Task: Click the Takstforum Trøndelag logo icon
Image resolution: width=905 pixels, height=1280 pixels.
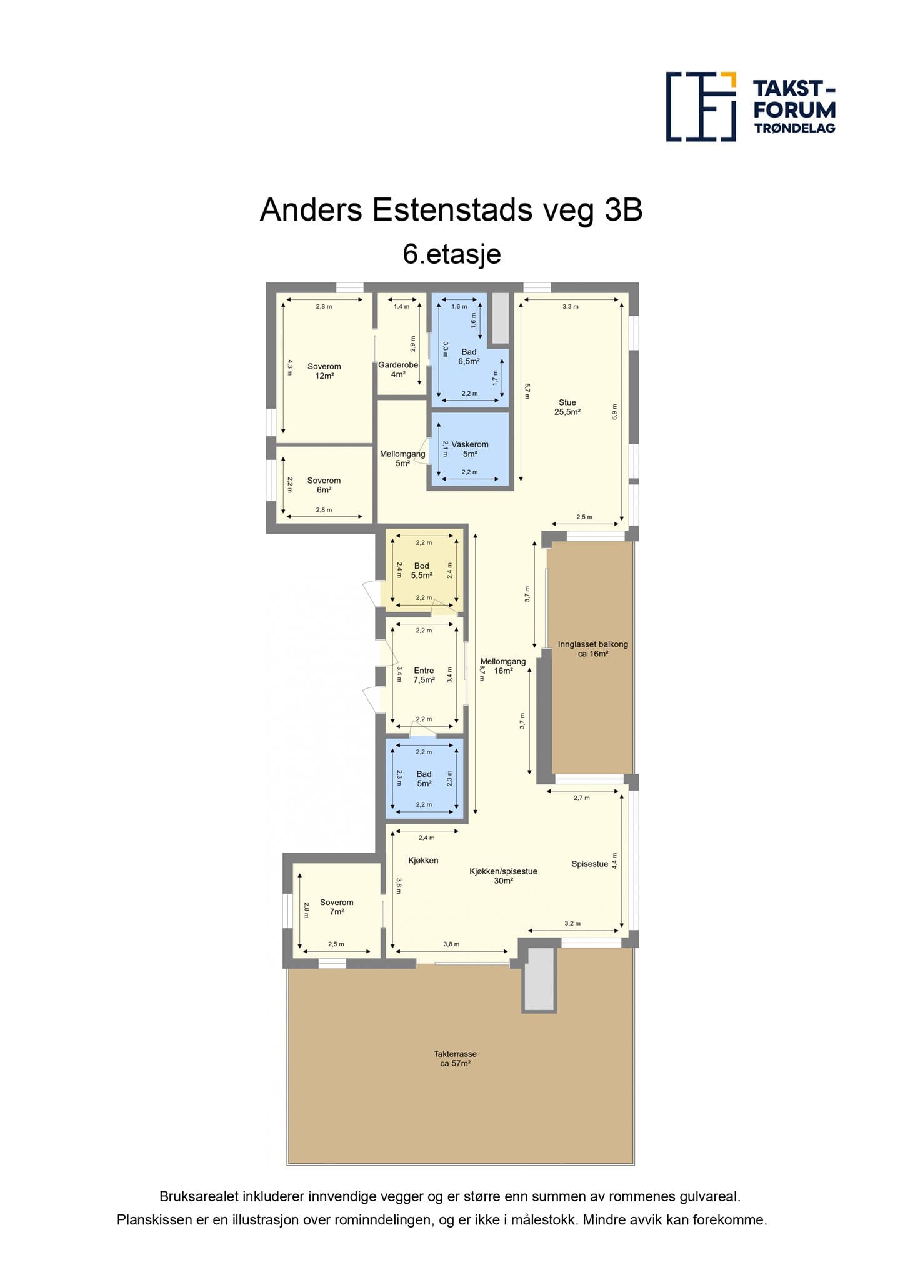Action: pyautogui.click(x=701, y=106)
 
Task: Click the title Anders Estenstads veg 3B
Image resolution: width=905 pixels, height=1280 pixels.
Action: pyautogui.click(x=451, y=210)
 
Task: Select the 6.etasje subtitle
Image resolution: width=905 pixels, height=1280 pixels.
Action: pyautogui.click(x=452, y=254)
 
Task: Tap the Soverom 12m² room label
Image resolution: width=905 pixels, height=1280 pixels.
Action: pyautogui.click(x=324, y=371)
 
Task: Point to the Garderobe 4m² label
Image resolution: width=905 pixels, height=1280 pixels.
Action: pyautogui.click(x=398, y=369)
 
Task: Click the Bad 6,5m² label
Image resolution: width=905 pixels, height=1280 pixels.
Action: pyautogui.click(x=469, y=357)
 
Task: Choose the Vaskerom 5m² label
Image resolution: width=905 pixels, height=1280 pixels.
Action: pyautogui.click(x=470, y=449)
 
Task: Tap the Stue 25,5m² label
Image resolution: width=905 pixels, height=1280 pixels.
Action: pyautogui.click(x=567, y=407)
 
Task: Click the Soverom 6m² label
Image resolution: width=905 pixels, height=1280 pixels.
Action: pyautogui.click(x=324, y=485)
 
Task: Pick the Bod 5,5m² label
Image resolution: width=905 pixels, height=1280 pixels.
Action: pyautogui.click(x=422, y=571)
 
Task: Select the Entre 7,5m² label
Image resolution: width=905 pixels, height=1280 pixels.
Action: pyautogui.click(x=424, y=675)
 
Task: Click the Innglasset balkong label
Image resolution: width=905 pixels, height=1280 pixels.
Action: pyautogui.click(x=593, y=649)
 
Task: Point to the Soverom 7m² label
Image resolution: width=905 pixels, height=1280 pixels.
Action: pyautogui.click(x=337, y=907)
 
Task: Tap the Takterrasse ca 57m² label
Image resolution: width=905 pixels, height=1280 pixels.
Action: pyautogui.click(x=455, y=1058)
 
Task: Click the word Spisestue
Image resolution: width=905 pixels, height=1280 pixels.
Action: pyautogui.click(x=590, y=864)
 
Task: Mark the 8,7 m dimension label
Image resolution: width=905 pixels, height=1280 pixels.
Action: pyautogui.click(x=482, y=672)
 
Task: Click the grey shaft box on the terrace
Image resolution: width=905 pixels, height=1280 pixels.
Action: pyautogui.click(x=539, y=979)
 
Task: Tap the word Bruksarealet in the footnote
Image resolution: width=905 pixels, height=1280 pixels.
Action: pyautogui.click(x=197, y=1197)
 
